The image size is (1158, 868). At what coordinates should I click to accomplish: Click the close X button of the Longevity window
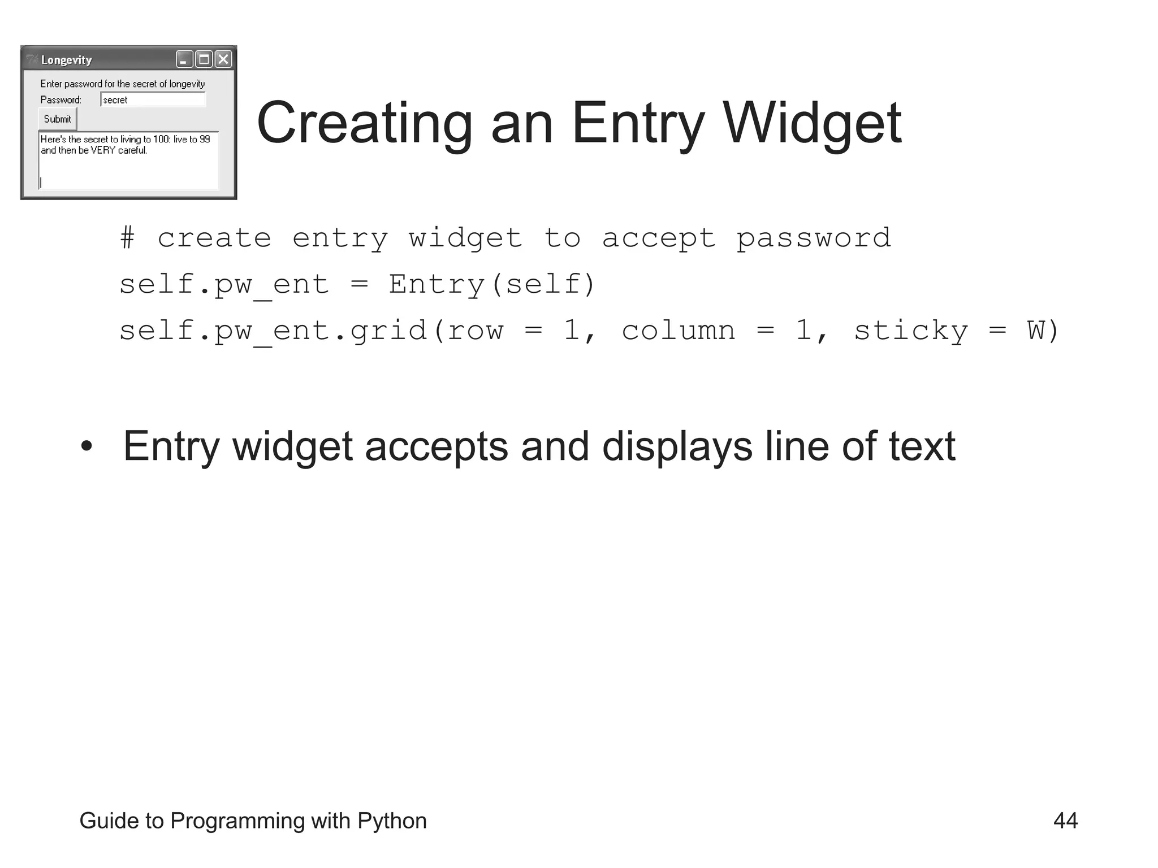click(x=224, y=59)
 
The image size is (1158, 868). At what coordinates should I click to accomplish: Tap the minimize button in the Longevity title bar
click(x=184, y=59)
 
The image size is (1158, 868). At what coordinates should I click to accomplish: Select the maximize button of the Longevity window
click(x=204, y=59)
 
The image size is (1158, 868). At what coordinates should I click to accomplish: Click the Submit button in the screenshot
click(x=58, y=119)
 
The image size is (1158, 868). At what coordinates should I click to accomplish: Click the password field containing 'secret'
click(x=153, y=100)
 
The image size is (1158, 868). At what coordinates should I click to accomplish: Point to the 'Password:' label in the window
click(x=61, y=100)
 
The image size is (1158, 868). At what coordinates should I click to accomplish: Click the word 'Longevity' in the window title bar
click(x=66, y=60)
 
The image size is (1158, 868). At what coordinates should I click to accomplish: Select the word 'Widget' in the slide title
click(x=812, y=123)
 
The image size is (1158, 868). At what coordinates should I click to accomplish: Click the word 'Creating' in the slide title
click(x=365, y=123)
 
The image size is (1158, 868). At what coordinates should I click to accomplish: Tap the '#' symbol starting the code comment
click(x=128, y=238)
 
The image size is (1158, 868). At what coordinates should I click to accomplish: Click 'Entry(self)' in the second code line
click(x=491, y=284)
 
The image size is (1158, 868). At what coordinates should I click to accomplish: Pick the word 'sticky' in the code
click(x=910, y=331)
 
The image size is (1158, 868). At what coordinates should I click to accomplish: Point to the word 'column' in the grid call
click(x=679, y=331)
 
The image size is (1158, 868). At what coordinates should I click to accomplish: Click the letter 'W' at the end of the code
click(x=1036, y=331)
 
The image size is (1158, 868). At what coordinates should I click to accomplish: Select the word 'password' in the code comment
click(x=814, y=238)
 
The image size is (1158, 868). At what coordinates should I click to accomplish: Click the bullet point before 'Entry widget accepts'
click(x=86, y=446)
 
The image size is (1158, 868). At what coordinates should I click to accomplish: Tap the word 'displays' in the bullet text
click(x=677, y=446)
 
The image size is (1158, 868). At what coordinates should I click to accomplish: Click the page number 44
click(x=1065, y=821)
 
